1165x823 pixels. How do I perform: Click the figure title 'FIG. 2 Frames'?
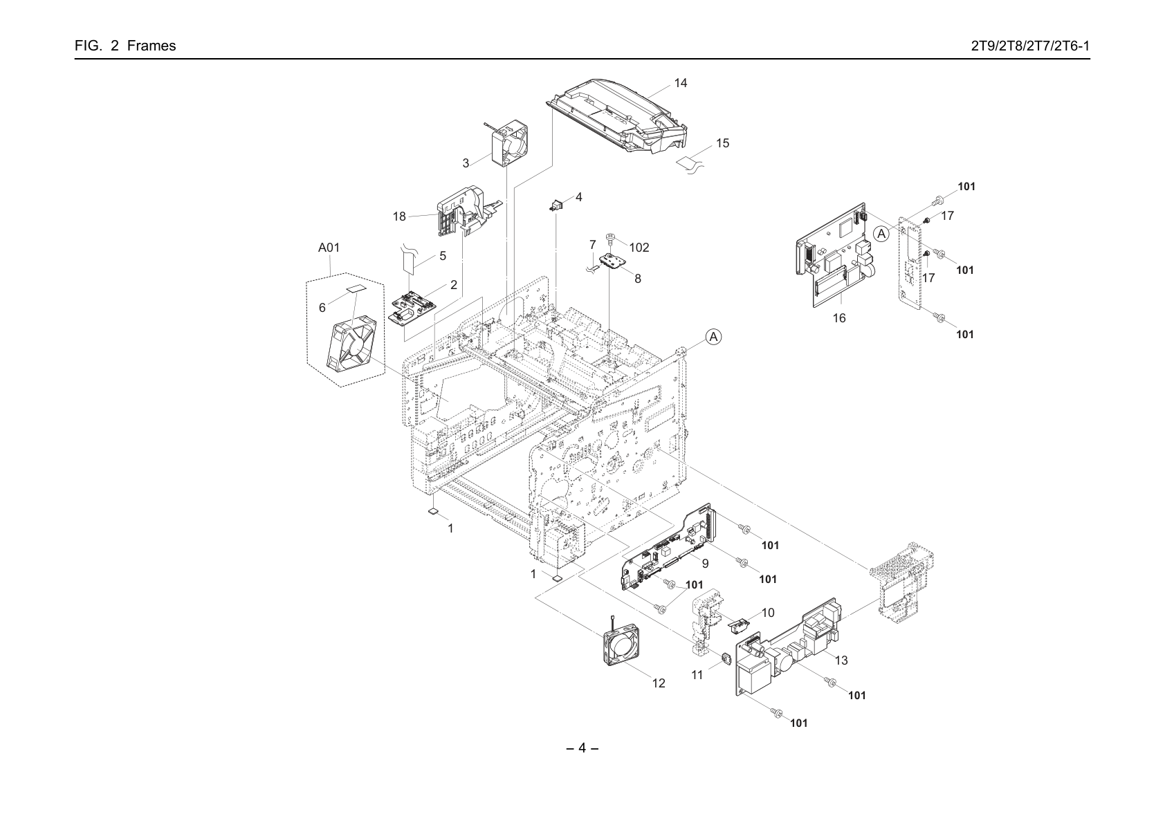click(125, 46)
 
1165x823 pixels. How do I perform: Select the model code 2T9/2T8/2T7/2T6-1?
click(1030, 46)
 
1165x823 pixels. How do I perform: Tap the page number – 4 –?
click(582, 748)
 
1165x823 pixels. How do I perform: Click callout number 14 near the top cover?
click(680, 83)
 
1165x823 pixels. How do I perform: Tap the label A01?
click(329, 248)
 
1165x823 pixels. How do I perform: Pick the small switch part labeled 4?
click(557, 205)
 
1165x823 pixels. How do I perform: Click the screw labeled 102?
click(611, 238)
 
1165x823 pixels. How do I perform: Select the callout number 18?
click(399, 216)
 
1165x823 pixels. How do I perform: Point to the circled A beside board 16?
click(881, 234)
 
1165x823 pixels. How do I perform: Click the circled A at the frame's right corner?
click(714, 337)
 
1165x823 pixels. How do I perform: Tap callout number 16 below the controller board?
click(839, 318)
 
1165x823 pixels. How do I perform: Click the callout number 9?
click(705, 564)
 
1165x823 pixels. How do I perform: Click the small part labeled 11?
click(724, 660)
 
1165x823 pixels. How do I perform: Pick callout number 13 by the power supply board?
click(841, 660)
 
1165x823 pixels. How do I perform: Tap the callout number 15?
click(722, 143)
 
